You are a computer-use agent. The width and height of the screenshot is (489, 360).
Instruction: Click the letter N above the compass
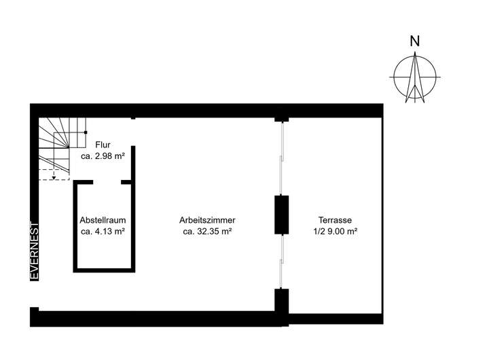(x=414, y=41)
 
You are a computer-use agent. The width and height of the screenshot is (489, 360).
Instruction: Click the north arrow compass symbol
(x=414, y=77)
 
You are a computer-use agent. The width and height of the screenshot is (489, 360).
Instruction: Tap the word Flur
(x=103, y=145)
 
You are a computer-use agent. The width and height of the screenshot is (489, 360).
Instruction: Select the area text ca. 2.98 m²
(x=103, y=156)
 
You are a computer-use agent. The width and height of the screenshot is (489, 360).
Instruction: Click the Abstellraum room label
(x=103, y=220)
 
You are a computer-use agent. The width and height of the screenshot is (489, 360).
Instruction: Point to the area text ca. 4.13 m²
(x=103, y=232)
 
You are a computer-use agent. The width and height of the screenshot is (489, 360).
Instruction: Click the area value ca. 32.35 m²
(x=207, y=232)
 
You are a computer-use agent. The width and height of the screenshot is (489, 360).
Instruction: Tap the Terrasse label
(x=335, y=220)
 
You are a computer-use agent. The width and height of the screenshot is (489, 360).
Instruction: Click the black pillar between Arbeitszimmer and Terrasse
(x=281, y=215)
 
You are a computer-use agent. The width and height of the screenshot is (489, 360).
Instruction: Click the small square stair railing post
(x=85, y=132)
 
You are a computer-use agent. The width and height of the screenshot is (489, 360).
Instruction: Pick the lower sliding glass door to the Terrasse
(x=281, y=262)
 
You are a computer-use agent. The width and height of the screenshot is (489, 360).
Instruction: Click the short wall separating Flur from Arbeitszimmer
(x=132, y=163)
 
